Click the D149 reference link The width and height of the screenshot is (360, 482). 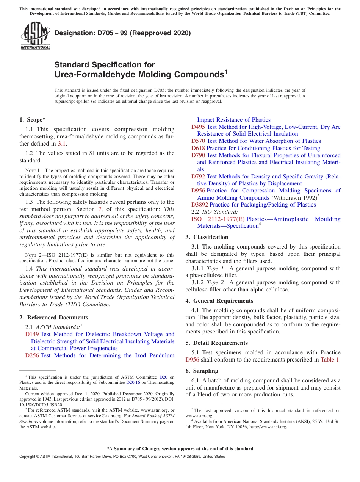click(32, 334)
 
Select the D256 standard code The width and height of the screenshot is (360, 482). click(32, 355)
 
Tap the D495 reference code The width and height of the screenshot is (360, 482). click(198, 127)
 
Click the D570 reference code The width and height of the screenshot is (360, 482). click(198, 141)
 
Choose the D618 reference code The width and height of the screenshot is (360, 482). click(198, 148)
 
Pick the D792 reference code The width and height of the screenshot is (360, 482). click(198, 177)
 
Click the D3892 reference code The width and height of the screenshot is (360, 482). click(200, 205)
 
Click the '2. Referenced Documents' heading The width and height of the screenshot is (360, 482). click(53, 318)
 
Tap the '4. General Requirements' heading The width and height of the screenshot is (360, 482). click(219, 301)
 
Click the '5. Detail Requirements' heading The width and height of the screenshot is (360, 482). click(216, 343)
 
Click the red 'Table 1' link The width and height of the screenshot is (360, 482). click(330, 360)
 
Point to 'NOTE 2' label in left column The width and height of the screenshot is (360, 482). click(32, 255)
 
